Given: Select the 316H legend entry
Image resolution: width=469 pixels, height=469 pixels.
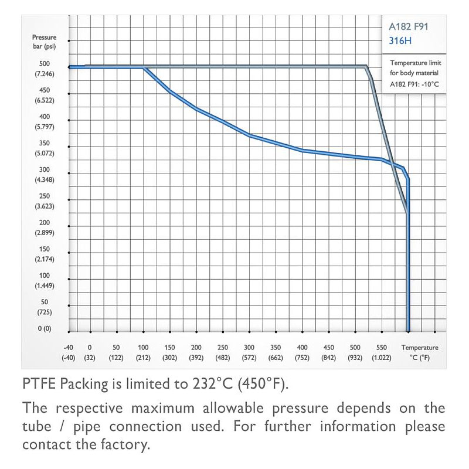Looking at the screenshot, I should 400,40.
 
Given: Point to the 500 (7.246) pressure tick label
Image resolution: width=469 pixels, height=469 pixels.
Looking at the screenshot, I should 45,69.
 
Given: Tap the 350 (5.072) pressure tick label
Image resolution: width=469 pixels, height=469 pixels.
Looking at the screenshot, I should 45,148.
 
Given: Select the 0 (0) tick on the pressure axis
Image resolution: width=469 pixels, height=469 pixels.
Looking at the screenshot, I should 45,329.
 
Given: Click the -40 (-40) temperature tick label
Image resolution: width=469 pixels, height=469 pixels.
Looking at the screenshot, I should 69,352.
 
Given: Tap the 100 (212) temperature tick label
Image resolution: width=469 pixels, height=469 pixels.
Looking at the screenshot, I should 143,352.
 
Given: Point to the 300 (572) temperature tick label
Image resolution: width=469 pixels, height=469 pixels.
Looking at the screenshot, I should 249,352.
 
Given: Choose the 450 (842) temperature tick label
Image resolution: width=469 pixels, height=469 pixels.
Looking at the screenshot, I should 329,352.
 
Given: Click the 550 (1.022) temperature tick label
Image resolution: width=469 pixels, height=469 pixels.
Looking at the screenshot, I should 382,352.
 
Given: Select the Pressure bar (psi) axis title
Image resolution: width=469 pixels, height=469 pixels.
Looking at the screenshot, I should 45,42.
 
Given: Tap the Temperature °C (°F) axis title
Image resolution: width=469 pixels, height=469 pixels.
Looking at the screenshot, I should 420,352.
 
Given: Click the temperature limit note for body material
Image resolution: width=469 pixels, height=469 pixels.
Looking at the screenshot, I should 414,73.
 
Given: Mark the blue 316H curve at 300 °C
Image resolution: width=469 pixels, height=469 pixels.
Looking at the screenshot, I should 249,135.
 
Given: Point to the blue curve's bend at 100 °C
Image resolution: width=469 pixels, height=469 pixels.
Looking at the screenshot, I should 144,68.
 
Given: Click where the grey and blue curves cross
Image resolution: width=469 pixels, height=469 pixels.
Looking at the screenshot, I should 392,164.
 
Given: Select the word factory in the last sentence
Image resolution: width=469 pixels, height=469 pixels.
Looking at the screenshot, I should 120,444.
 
